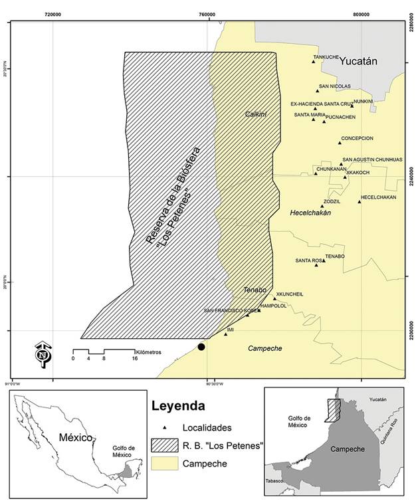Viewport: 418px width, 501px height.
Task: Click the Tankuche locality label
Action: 326,56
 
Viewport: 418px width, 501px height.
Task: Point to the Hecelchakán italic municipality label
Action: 310,213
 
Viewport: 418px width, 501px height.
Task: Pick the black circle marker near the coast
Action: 201,347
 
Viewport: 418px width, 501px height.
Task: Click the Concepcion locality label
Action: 357,138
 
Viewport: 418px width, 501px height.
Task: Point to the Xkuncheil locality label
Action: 290,294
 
